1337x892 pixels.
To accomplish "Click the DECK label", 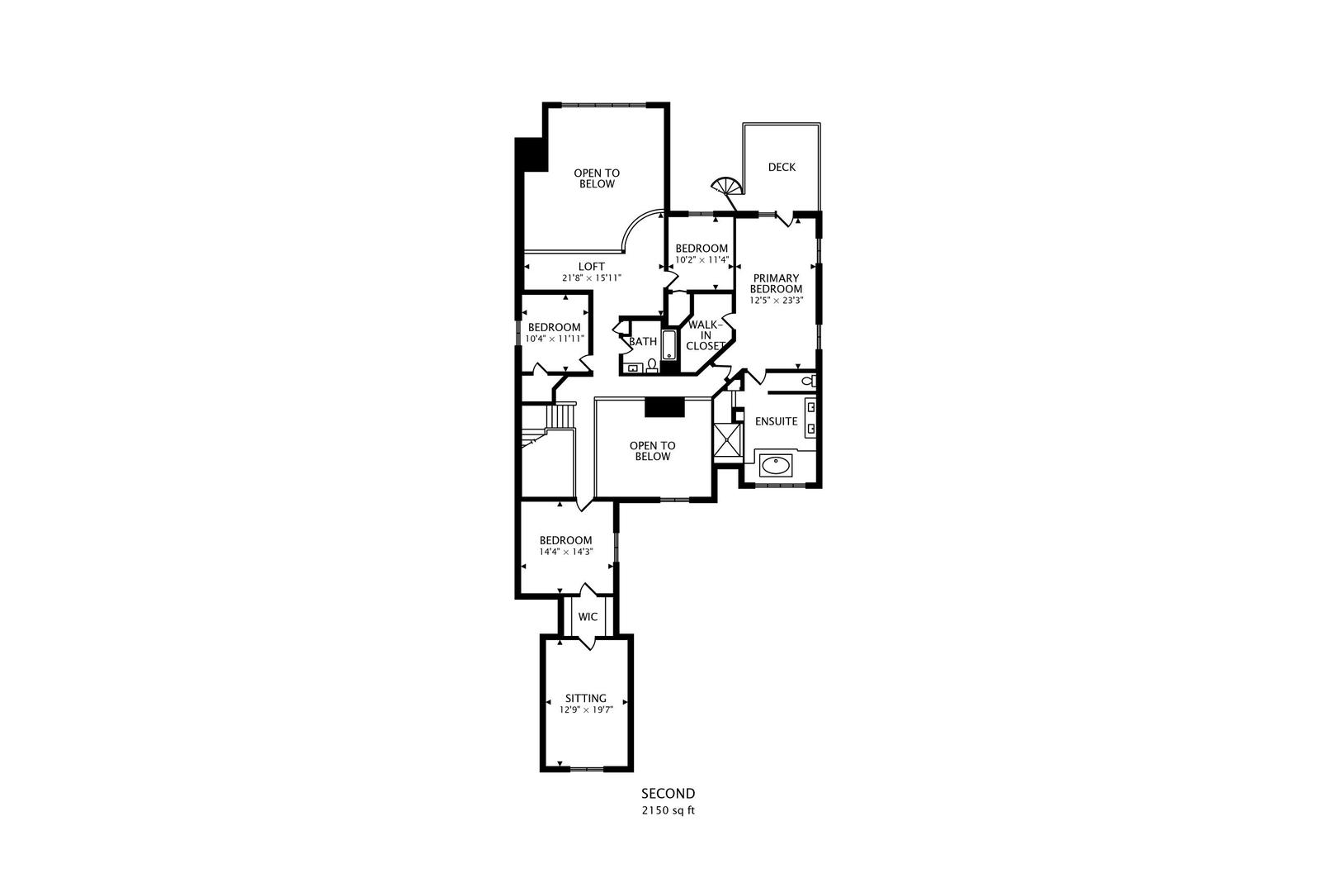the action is click(x=782, y=168).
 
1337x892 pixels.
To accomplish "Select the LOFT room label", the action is click(x=592, y=267).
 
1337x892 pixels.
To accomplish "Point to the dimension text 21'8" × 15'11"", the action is click(x=592, y=278).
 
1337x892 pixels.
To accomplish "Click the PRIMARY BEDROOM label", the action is click(x=776, y=283).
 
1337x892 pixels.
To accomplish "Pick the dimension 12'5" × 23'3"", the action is click(x=776, y=301).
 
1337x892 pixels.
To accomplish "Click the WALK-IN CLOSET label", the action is click(x=706, y=335).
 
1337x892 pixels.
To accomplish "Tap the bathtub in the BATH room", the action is click(x=669, y=344).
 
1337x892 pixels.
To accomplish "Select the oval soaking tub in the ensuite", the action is click(x=775, y=465).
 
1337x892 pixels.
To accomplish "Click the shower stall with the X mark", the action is click(x=727, y=439).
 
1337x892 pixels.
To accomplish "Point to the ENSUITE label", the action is click(x=776, y=422).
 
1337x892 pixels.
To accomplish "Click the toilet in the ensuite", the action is click(x=809, y=381).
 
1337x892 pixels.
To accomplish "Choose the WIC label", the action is click(x=588, y=617).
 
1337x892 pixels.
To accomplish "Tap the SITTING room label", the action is click(x=586, y=699).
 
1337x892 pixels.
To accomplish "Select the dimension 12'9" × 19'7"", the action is click(x=586, y=709).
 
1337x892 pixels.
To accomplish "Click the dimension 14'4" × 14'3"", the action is click(x=566, y=552).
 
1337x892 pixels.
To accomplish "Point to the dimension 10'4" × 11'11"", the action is click(x=555, y=339).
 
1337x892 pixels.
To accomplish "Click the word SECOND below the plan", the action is click(x=668, y=794).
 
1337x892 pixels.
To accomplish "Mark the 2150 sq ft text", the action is click(x=668, y=811).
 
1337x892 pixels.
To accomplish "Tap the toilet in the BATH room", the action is click(x=652, y=365).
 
